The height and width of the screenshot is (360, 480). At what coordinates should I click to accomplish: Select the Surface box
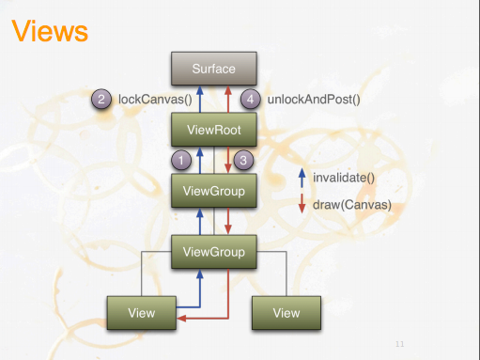click(x=214, y=70)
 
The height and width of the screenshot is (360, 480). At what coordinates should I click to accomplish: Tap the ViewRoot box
click(x=214, y=129)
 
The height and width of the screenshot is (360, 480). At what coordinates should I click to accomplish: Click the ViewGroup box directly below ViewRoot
click(x=214, y=191)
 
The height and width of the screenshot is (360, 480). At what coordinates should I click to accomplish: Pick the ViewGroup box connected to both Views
click(x=214, y=252)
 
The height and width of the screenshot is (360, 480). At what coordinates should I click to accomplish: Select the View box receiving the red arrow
click(x=142, y=312)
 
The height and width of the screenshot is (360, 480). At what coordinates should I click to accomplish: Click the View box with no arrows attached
click(x=286, y=312)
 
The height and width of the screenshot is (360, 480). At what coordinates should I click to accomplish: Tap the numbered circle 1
click(x=186, y=160)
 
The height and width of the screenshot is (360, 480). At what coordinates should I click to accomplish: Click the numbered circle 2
click(x=102, y=99)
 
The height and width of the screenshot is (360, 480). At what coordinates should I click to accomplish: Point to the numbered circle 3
click(x=242, y=160)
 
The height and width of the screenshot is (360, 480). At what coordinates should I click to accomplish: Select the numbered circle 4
click(x=250, y=99)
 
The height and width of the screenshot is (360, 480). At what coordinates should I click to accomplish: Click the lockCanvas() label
click(x=156, y=99)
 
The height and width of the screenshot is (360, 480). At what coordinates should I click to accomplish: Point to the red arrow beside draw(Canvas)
click(x=301, y=203)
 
